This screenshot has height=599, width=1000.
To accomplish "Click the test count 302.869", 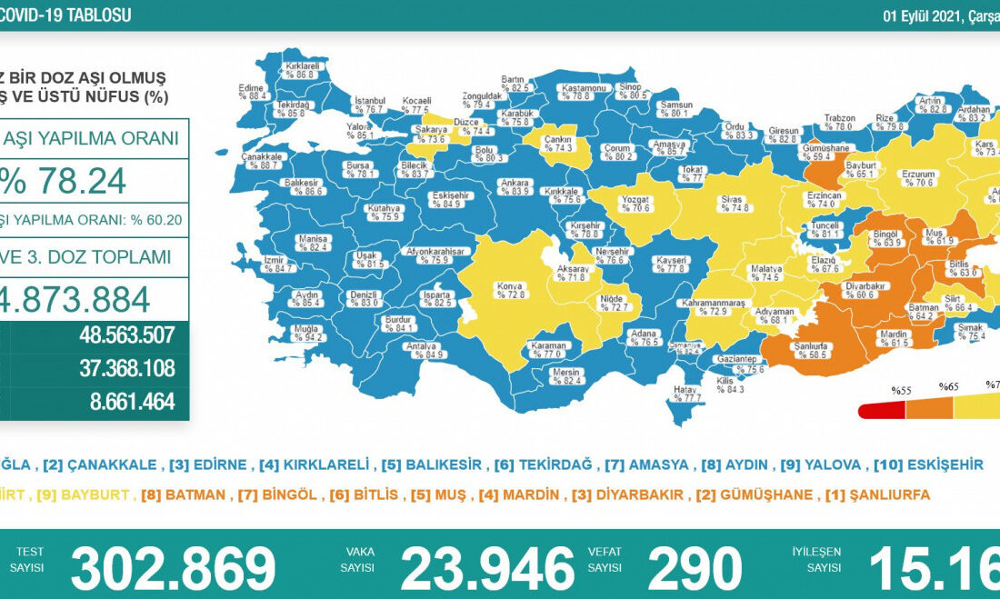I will point(173,569).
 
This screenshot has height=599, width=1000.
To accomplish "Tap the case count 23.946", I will point(487,569).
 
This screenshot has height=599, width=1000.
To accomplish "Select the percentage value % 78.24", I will point(64,182).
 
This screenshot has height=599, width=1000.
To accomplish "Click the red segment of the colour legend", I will point(882,411).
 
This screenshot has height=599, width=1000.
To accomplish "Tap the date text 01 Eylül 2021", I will point(927,15).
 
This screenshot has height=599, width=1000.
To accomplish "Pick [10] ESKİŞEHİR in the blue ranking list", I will point(928,464).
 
